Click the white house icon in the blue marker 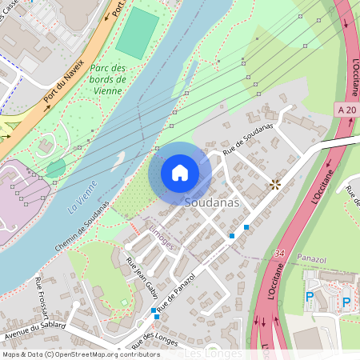(180, 173)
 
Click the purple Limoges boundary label (161, 238)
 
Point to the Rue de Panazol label (177, 293)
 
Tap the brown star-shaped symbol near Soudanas (275, 185)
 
